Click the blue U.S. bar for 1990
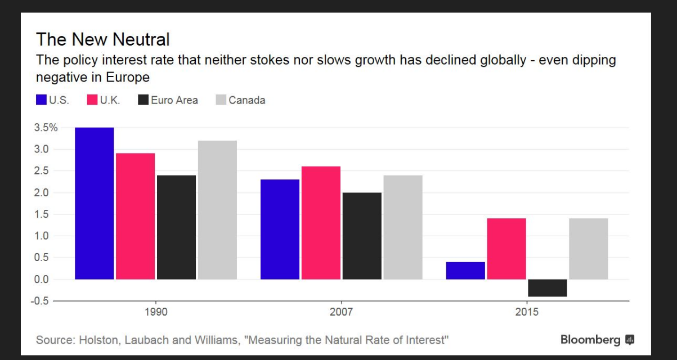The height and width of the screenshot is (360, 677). coord(95,203)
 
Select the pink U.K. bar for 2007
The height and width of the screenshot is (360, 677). coord(321,223)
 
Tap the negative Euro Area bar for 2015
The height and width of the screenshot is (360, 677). coord(548,288)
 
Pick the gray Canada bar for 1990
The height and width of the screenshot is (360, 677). coord(217,210)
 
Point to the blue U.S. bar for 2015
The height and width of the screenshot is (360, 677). coord(465,271)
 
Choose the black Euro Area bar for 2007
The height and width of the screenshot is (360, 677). coord(362,236)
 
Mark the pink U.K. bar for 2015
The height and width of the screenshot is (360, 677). coord(506,249)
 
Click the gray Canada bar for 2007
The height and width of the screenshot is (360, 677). coord(403,227)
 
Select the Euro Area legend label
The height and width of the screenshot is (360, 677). coord(174,101)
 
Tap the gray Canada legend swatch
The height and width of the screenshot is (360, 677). coord(221,101)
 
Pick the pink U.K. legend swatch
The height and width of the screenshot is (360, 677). coord(92,101)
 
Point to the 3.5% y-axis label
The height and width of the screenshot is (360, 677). coord(47,128)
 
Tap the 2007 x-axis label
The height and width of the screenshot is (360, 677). coord(341,312)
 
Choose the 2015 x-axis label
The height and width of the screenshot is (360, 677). coord(527,312)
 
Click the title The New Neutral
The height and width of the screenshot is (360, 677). coord(102,40)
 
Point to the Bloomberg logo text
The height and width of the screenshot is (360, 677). coord(590,340)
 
